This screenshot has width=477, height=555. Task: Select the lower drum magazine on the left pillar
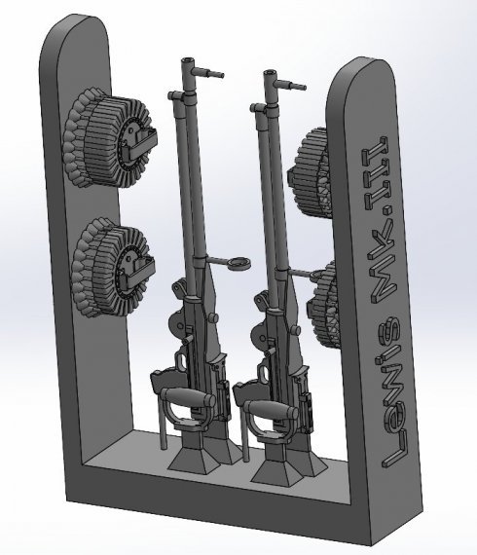point(112,258)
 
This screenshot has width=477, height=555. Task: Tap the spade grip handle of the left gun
point(189,395)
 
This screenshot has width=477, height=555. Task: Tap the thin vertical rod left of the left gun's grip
point(157,418)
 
